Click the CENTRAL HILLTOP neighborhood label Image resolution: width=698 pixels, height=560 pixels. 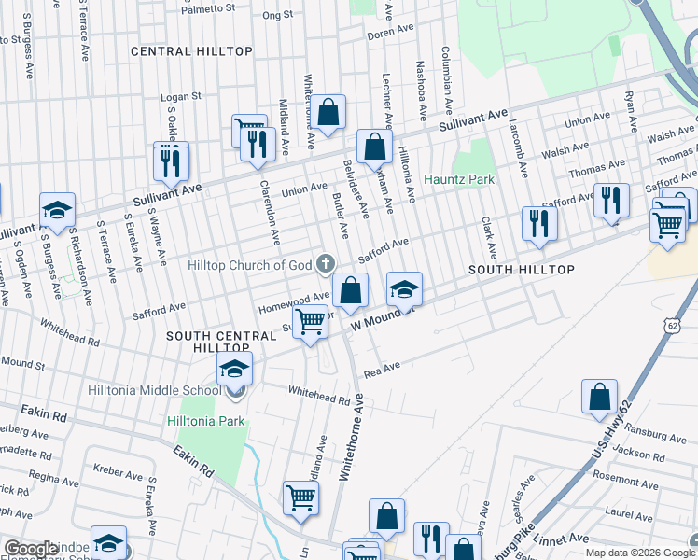191,51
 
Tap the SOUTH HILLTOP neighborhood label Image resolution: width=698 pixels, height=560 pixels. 521,269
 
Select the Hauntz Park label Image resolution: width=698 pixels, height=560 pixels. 458,178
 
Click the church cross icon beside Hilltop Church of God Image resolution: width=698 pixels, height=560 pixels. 326,265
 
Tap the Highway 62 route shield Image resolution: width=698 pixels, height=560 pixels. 672,325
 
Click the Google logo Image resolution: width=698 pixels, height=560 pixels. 31,549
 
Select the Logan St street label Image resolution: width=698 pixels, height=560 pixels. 181,96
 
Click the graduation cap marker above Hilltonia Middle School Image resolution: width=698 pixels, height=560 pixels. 235,368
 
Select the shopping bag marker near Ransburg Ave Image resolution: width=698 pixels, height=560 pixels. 599,396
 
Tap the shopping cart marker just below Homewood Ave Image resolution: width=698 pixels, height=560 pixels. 310,321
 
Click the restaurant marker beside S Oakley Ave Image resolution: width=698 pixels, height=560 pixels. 172,161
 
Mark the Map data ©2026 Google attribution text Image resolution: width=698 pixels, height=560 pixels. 639,553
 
